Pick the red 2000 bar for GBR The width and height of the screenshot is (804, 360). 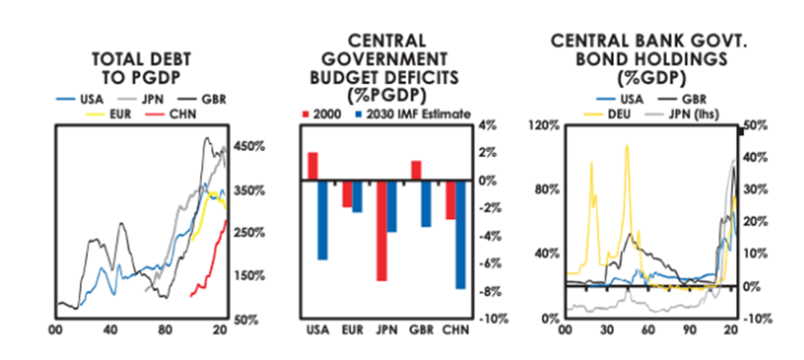[416, 170]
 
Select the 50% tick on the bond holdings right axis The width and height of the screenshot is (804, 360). [758, 125]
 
